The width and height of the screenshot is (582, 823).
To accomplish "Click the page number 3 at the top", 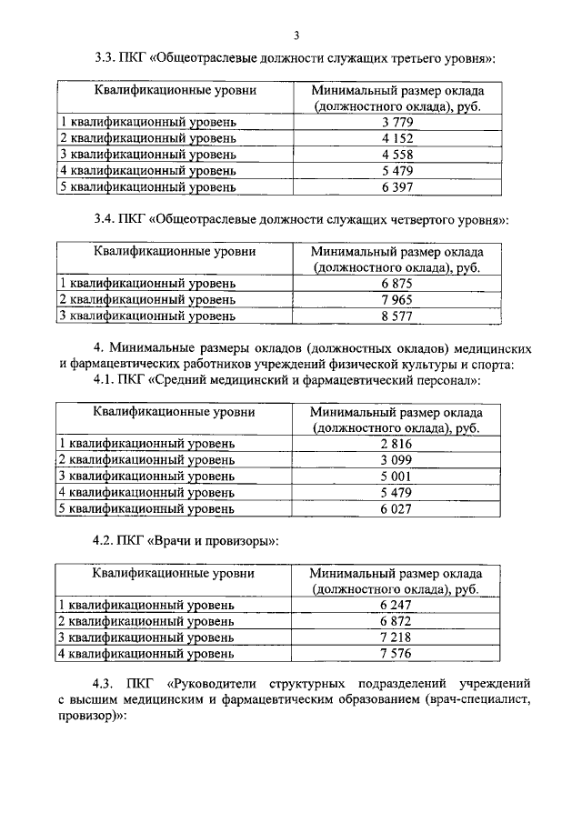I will tap(296, 35).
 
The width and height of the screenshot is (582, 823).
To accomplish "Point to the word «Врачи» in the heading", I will tap(176, 541).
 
